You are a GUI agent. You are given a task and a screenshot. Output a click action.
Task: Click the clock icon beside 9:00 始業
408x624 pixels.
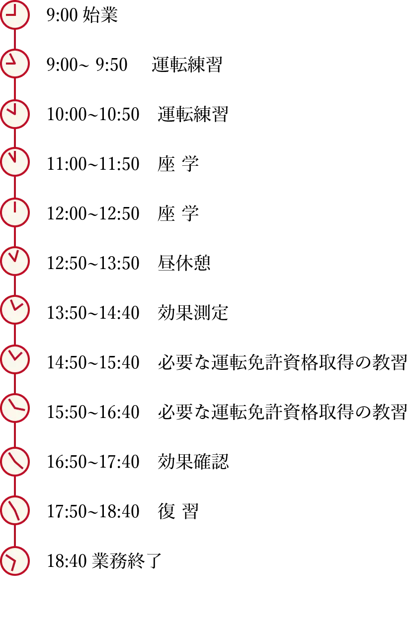pos(15,14)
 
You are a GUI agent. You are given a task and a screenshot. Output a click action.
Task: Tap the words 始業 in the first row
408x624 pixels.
pos(100,15)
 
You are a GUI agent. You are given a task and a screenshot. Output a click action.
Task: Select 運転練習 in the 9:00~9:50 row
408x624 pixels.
pos(187,65)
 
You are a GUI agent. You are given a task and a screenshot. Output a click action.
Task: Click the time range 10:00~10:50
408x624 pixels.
pos(93,114)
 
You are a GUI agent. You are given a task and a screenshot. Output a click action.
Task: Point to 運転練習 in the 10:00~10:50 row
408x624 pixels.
pos(193,114)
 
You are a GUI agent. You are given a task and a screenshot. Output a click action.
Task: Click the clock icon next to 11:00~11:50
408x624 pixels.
pos(15,162)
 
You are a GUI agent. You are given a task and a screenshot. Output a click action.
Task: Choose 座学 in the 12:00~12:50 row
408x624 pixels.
pos(178,213)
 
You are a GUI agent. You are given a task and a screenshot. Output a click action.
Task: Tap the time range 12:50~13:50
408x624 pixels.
pos(93,263)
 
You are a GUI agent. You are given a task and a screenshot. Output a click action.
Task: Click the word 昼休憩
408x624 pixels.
pos(184,263)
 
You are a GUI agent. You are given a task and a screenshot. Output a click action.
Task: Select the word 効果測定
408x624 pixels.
pos(193,313)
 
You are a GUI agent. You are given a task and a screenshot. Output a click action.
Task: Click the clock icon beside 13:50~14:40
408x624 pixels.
pos(15,309)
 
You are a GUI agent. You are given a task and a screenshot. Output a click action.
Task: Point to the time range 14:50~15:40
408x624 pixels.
pos(93,362)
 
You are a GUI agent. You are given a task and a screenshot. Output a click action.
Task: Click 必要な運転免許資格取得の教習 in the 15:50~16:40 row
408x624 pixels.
pos(282,412)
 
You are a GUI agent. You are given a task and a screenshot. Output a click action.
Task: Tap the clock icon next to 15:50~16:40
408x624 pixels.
pos(15,409)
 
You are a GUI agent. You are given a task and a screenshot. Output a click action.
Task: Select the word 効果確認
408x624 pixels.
pos(193,462)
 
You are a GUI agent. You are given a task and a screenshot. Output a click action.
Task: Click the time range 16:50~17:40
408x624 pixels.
pos(93,462)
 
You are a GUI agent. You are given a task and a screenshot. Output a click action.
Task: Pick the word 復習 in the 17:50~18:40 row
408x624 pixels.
pos(178,511)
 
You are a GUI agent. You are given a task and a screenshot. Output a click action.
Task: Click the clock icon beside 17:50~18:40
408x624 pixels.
pos(15,510)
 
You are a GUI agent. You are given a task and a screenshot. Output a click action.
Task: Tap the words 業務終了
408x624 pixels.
pos(127,560)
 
